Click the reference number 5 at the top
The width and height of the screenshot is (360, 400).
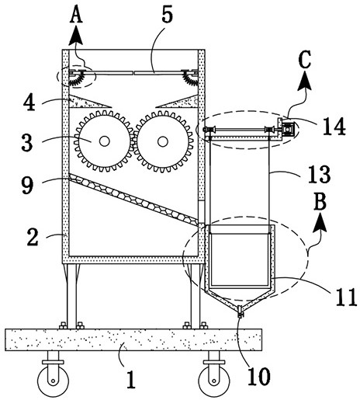[x=167, y=15]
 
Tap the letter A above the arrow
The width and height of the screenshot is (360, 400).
[x=76, y=15]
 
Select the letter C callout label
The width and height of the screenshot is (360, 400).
[x=305, y=60]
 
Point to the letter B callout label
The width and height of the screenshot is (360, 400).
[x=320, y=201]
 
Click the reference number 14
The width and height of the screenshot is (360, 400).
[x=334, y=126]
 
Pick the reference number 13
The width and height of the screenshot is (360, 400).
[x=319, y=175]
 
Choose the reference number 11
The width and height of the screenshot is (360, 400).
[x=346, y=297]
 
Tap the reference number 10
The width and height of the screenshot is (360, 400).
[x=259, y=377]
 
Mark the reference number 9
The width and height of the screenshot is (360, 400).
[x=27, y=186]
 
